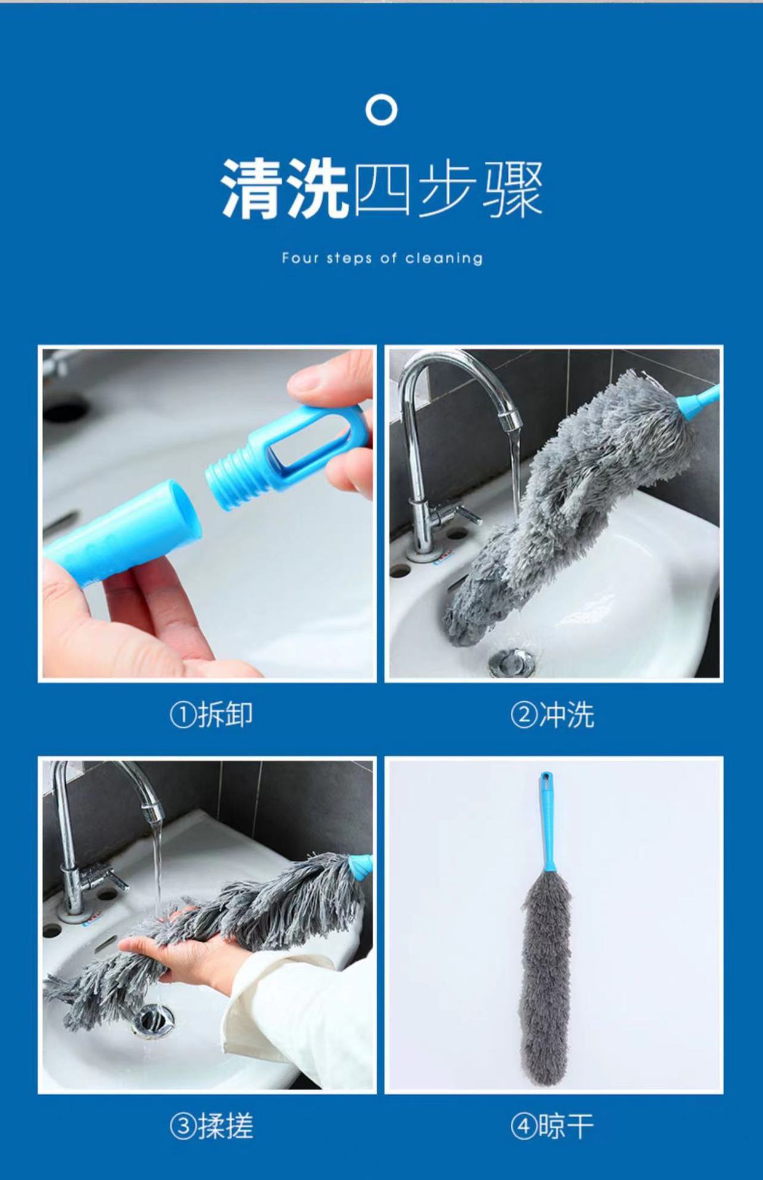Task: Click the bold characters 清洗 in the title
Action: [285, 188]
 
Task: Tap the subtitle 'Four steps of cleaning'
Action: [382, 258]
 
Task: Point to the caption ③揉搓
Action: [211, 1126]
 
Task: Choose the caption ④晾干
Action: [552, 1126]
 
